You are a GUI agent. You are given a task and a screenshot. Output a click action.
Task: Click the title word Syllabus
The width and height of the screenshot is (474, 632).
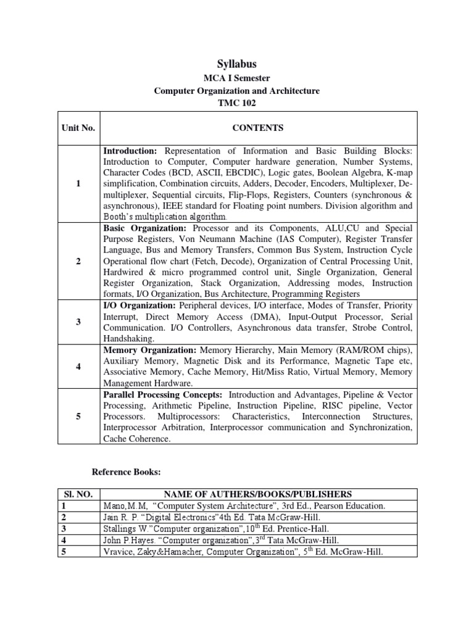[237, 64]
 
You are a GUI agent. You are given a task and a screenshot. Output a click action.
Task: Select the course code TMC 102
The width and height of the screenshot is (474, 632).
[237, 103]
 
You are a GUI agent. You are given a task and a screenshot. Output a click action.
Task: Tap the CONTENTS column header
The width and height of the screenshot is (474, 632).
[258, 128]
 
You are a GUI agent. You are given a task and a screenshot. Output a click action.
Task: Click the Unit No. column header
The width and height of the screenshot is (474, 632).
[78, 128]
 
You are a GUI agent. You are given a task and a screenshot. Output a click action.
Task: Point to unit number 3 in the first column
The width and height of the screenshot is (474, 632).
[78, 322]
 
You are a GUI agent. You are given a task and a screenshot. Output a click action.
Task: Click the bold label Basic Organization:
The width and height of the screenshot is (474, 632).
[140, 228]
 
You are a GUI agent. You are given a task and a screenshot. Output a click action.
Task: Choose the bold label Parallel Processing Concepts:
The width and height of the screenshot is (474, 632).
[163, 394]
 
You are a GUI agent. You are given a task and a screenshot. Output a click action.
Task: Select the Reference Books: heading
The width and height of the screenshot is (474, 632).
[126, 472]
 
